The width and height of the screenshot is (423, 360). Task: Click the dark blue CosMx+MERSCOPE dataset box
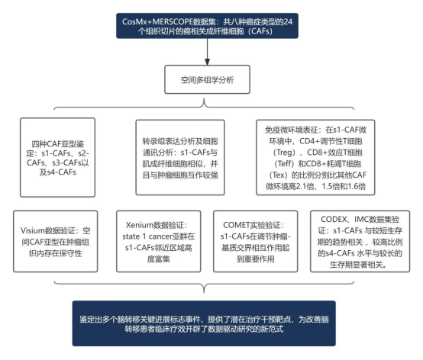click(207, 26)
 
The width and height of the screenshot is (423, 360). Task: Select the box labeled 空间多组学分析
click(207, 79)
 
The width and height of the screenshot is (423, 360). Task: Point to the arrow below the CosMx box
click(207, 52)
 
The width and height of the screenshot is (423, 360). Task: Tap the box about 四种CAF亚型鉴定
click(57, 157)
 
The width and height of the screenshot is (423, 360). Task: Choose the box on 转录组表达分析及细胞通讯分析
click(180, 157)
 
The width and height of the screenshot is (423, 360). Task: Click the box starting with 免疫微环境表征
click(315, 157)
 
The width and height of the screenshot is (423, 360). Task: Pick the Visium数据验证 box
click(55, 242)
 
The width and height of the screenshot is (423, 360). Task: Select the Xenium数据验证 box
click(159, 242)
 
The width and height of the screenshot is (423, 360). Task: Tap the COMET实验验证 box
click(256, 242)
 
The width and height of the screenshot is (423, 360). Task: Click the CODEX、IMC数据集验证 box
click(360, 242)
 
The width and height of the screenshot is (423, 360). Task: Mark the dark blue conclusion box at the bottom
click(204, 323)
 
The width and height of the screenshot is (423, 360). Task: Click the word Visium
click(32, 230)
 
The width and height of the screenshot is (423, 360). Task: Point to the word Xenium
click(140, 225)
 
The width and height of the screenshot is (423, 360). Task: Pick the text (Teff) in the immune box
click(284, 164)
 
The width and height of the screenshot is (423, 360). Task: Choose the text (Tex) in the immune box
click(279, 175)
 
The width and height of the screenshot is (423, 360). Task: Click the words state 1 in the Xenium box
click(134, 236)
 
